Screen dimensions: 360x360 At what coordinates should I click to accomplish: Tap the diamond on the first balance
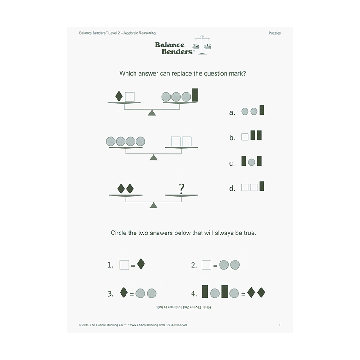[119, 96]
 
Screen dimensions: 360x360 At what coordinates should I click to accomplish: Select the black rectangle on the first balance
[195, 95]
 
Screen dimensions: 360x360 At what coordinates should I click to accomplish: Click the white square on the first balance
[130, 96]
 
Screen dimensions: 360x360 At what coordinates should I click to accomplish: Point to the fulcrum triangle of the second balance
[153, 157]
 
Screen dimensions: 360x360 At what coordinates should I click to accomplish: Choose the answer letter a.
[232, 113]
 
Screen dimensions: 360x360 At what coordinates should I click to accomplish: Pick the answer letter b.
[232, 138]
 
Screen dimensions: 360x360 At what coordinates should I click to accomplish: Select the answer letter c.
[232, 163]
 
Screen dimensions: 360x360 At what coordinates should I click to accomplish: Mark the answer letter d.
[232, 189]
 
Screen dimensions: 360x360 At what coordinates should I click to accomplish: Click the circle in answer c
[252, 162]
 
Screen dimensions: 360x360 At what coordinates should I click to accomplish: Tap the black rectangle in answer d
[261, 186]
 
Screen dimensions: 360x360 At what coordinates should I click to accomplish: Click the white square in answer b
[245, 136]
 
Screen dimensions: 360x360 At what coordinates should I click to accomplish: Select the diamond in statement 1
[141, 264]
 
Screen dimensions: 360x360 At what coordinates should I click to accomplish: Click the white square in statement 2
[207, 265]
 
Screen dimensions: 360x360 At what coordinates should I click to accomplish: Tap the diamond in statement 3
[123, 293]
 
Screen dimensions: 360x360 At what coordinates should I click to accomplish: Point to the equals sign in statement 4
[243, 294]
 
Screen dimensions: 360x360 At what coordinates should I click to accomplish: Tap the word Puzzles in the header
[274, 33]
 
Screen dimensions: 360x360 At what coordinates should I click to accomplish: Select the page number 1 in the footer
[279, 324]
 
